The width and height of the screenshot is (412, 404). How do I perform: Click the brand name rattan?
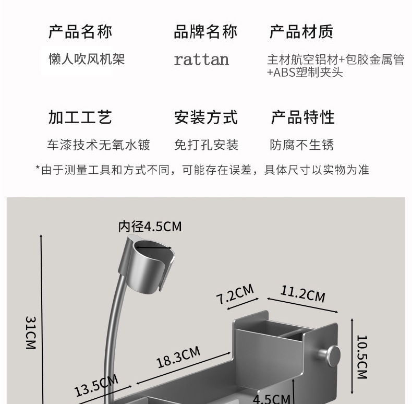point(201,60)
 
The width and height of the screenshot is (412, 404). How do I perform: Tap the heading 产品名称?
point(80,32)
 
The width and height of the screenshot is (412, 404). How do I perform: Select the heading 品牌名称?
point(205,32)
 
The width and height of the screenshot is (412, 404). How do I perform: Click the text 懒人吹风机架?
point(83,59)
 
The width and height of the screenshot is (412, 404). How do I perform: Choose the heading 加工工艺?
point(80,117)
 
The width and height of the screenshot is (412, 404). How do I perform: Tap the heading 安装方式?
point(205,117)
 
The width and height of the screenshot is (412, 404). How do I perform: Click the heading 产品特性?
point(302,117)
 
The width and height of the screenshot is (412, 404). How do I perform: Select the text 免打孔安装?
point(206,145)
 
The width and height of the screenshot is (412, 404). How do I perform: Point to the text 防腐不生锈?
point(302,145)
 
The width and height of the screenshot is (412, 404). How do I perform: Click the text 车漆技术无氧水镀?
point(99,145)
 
